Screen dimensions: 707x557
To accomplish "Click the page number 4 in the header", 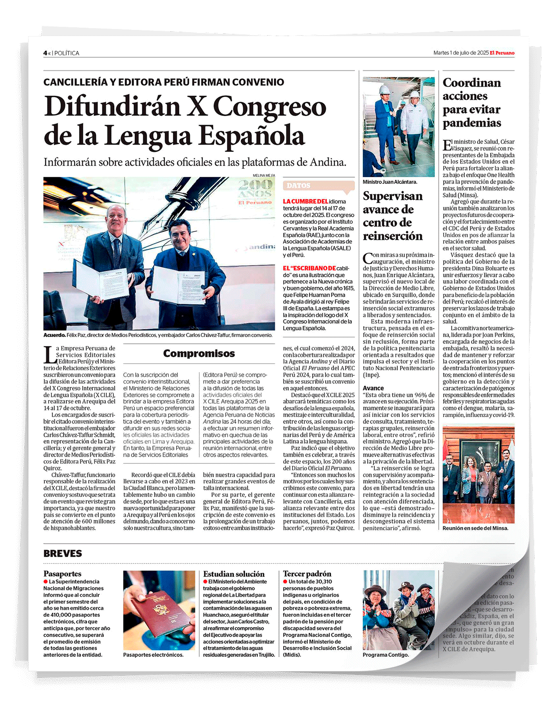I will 45,53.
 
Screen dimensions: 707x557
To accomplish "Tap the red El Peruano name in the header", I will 502,53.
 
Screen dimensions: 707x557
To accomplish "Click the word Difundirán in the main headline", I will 112,107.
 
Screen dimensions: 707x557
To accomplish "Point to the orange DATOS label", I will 298,186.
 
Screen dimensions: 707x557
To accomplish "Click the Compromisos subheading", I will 199,353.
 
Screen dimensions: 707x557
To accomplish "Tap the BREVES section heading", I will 63,554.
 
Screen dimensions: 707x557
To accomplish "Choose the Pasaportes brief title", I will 62,574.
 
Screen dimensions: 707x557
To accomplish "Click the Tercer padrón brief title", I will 307,574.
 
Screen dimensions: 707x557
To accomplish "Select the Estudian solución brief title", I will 234,574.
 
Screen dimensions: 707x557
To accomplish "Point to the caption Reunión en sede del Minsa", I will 475,528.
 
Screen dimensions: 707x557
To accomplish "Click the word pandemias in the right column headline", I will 472,123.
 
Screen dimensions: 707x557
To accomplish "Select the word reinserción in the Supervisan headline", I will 393,236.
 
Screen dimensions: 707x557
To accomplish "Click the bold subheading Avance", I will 373,388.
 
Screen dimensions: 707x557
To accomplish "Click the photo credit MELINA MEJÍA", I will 264,175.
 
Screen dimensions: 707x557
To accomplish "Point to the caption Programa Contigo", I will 386,655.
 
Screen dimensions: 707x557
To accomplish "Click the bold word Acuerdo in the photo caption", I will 54,335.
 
